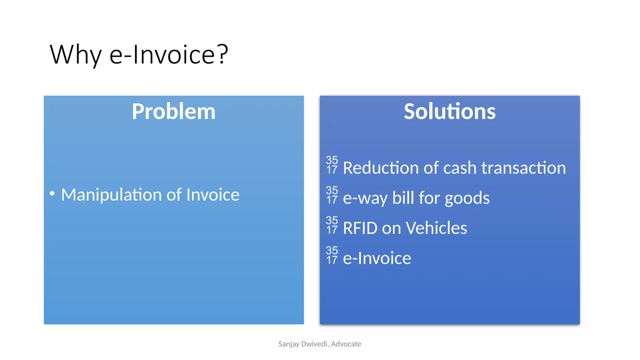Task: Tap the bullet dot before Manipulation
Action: pyautogui.click(x=52, y=193)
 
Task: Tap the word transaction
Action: pyautogui.click(x=523, y=168)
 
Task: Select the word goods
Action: pyautogui.click(x=467, y=198)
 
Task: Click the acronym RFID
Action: pyautogui.click(x=360, y=228)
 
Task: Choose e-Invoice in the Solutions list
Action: pyautogui.click(x=377, y=258)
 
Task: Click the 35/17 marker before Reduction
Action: pyautogui.click(x=332, y=165)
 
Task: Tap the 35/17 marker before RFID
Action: pyautogui.click(x=332, y=225)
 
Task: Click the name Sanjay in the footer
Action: pyautogui.click(x=288, y=344)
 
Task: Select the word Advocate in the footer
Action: pyautogui.click(x=346, y=344)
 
